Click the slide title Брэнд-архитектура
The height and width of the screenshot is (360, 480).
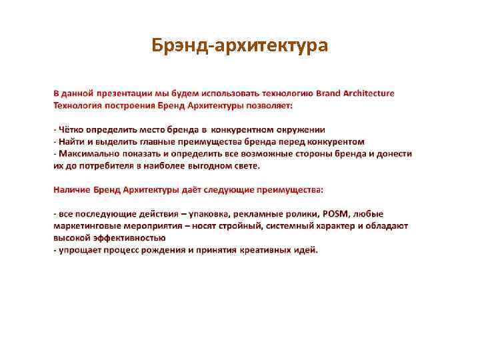(239, 46)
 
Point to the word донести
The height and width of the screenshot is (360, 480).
(395, 153)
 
